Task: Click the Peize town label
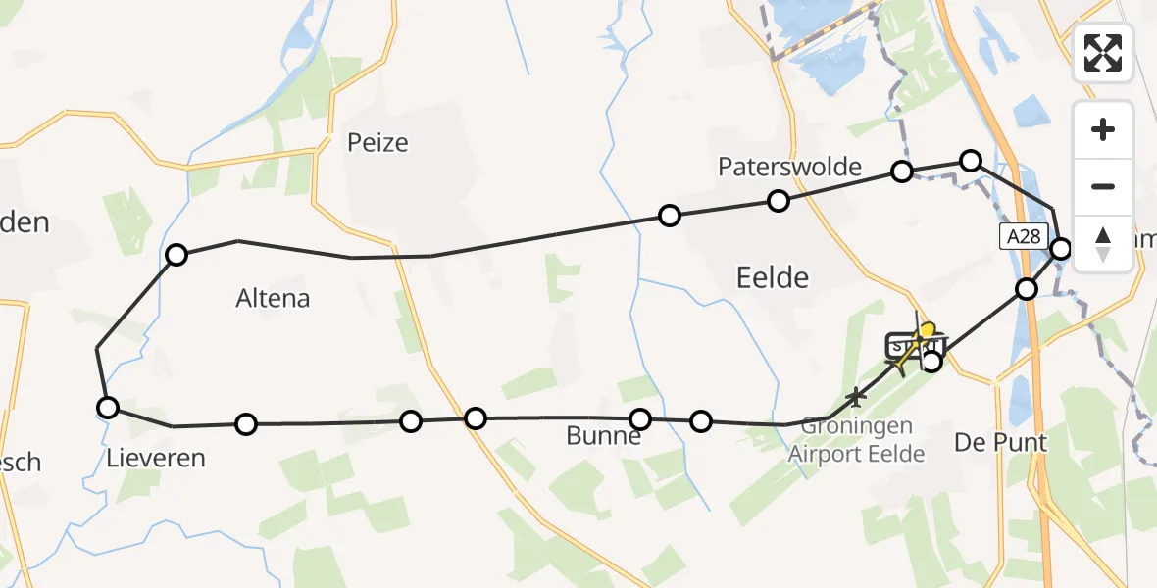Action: [377, 143]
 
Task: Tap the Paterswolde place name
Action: [789, 167]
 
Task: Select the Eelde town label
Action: [773, 278]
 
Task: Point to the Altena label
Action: [273, 299]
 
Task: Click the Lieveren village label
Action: [157, 458]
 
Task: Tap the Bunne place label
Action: [603, 437]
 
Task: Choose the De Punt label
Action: [1001, 443]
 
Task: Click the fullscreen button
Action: [1103, 53]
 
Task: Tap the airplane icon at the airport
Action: [857, 397]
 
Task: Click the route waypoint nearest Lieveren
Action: [108, 408]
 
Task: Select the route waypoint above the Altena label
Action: [176, 256]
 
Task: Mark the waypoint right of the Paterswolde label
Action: [902, 171]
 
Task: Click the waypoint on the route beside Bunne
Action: [640, 419]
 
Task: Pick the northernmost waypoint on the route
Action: [971, 161]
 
